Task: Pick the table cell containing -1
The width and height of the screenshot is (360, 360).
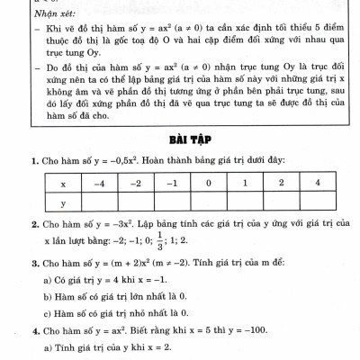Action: pos(171,183)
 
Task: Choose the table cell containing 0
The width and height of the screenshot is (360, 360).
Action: pos(207,183)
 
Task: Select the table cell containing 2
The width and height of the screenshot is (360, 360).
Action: pos(280,183)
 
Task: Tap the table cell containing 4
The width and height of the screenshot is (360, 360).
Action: pos(317,183)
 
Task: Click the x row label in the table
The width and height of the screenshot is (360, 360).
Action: pos(62,183)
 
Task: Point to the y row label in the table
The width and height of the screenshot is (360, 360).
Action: pos(62,203)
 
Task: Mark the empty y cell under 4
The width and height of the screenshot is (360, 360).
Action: pos(317,203)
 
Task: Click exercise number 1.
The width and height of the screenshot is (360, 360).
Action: pos(33,160)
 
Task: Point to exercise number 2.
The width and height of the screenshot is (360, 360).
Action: pos(33,223)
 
